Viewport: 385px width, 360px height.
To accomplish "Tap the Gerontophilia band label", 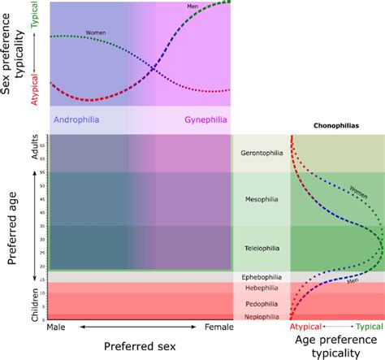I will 262,153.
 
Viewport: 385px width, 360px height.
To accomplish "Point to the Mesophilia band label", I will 262,198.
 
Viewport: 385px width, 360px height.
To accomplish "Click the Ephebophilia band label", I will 262,276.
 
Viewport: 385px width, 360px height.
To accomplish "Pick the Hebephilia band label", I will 262,288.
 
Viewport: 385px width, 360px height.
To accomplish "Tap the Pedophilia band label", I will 262,304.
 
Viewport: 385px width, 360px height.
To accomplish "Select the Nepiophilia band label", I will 262,317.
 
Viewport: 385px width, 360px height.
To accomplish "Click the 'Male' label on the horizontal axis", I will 58,328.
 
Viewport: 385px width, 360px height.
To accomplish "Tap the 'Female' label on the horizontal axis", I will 215,328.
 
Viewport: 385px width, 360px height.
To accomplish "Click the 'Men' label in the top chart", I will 192,7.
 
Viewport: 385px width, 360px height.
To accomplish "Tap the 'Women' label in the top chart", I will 96,33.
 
